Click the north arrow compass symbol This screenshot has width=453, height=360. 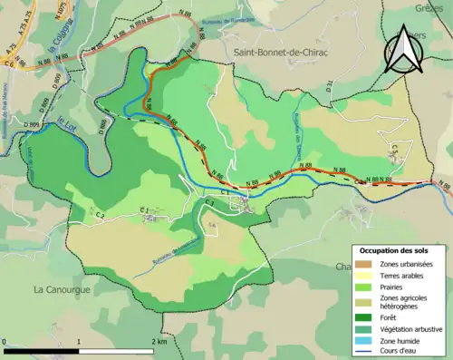click(405, 50)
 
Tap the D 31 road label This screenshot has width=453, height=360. click(331, 87)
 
